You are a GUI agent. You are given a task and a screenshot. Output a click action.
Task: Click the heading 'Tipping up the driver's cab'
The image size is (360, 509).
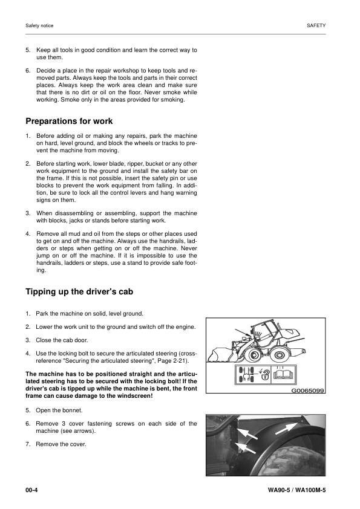pyautogui.click(x=80, y=292)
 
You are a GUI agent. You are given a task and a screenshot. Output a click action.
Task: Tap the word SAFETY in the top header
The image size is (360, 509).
pyautogui.click(x=316, y=26)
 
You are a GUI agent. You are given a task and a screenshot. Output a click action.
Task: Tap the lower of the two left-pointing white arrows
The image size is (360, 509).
pyautogui.click(x=241, y=448)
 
